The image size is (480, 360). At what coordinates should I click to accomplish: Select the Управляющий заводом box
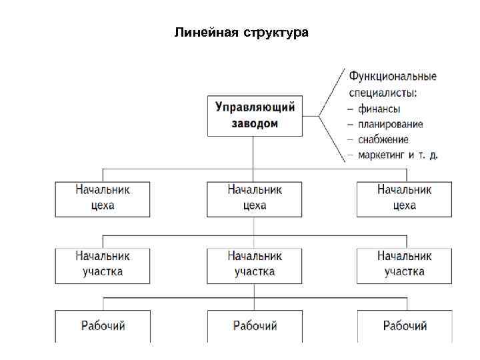click(x=255, y=116)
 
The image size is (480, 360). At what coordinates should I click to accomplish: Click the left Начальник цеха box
click(x=103, y=198)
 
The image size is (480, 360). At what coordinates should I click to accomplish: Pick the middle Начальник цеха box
click(x=255, y=198)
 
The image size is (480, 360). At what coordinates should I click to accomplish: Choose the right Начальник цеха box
click(x=404, y=198)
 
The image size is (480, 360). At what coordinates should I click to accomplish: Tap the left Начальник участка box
click(x=103, y=264)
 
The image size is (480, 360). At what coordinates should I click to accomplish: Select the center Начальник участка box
click(x=255, y=264)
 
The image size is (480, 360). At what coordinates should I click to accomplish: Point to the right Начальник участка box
click(x=404, y=264)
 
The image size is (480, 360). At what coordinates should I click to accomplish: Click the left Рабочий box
click(x=103, y=326)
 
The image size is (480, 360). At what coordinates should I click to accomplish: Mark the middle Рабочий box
click(x=255, y=326)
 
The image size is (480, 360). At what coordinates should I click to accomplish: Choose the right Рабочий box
click(x=404, y=326)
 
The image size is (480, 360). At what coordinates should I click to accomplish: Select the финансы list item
click(x=379, y=108)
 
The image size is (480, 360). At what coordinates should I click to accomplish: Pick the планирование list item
click(x=390, y=124)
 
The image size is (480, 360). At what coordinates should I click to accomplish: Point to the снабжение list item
click(x=383, y=139)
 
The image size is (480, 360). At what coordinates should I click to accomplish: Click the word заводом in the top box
click(x=255, y=124)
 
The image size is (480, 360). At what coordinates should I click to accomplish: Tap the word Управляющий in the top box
click(x=255, y=107)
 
